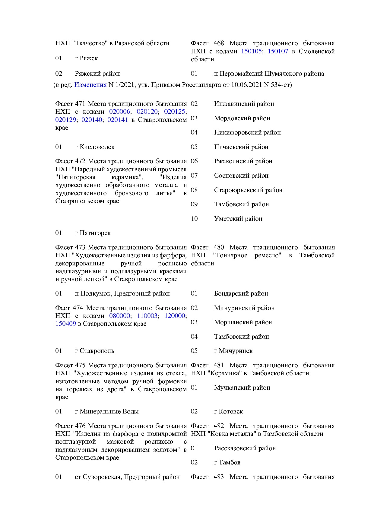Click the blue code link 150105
pyautogui.click(x=251, y=51)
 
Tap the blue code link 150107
pyautogui.click(x=278, y=51)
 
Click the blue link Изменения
pyautogui.click(x=90, y=85)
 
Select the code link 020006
pyautogui.click(x=119, y=112)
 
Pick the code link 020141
pyautogui.click(x=118, y=120)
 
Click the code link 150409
pyautogui.click(x=65, y=324)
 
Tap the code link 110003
pyautogui.click(x=147, y=316)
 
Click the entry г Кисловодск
pyautogui.click(x=95, y=147)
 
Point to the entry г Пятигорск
pyautogui.click(x=93, y=233)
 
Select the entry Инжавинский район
pyautogui.click(x=244, y=104)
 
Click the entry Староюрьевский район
pyautogui.click(x=248, y=190)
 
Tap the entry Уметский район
pyautogui.click(x=238, y=219)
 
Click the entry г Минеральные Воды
pyautogui.click(x=107, y=411)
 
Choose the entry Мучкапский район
pyautogui.click(x=242, y=388)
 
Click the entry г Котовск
pyautogui.click(x=228, y=411)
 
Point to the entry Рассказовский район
pyautogui.click(x=245, y=448)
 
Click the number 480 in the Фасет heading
pyautogui.click(x=219, y=247)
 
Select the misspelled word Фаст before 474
pyautogui.click(x=62, y=308)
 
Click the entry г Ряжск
pyautogui.click(x=86, y=58)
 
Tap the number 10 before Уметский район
pyautogui.click(x=194, y=219)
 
